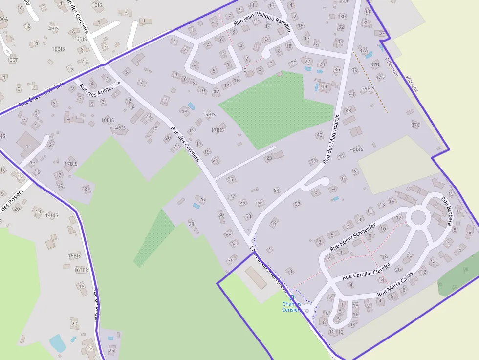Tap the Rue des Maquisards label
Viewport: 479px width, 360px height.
coord(331,139)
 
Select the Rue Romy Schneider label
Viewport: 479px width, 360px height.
coord(353,237)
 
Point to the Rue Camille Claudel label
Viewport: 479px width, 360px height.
coord(366,271)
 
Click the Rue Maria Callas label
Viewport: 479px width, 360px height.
coord(395,283)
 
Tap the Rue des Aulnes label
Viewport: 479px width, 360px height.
coord(96,89)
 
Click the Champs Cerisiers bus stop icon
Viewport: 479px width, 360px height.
coord(292,297)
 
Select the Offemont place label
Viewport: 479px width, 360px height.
coord(392,67)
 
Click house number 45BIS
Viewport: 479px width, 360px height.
coord(357,149)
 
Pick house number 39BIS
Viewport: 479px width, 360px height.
coord(368,88)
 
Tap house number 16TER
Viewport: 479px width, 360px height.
coord(82,270)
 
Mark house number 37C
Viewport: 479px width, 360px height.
coord(415,125)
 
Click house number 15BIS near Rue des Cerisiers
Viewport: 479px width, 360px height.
coord(209,114)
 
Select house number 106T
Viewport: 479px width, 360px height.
coord(12,60)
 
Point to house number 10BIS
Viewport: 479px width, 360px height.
coord(108,120)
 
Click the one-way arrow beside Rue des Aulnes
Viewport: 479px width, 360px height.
coord(118,84)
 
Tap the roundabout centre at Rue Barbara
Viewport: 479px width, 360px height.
coord(419,216)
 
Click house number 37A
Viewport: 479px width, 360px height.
coord(363,50)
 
